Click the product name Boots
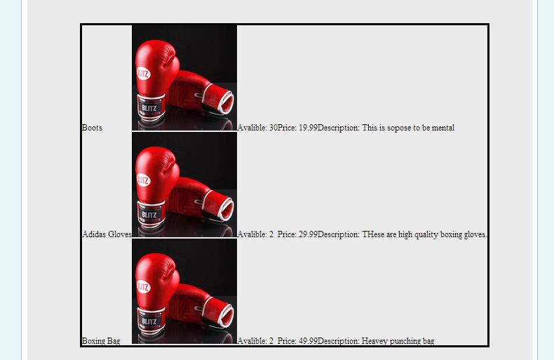point(92,128)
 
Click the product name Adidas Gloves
point(107,234)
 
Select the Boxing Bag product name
point(101,341)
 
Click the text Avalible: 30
point(257,128)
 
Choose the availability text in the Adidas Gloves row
point(255,234)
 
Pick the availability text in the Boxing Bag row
point(255,341)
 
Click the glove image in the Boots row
point(184,78)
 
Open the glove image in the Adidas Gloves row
point(184,185)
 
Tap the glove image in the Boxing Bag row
point(184,291)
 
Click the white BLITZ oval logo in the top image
point(143,74)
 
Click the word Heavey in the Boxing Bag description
point(374,341)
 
